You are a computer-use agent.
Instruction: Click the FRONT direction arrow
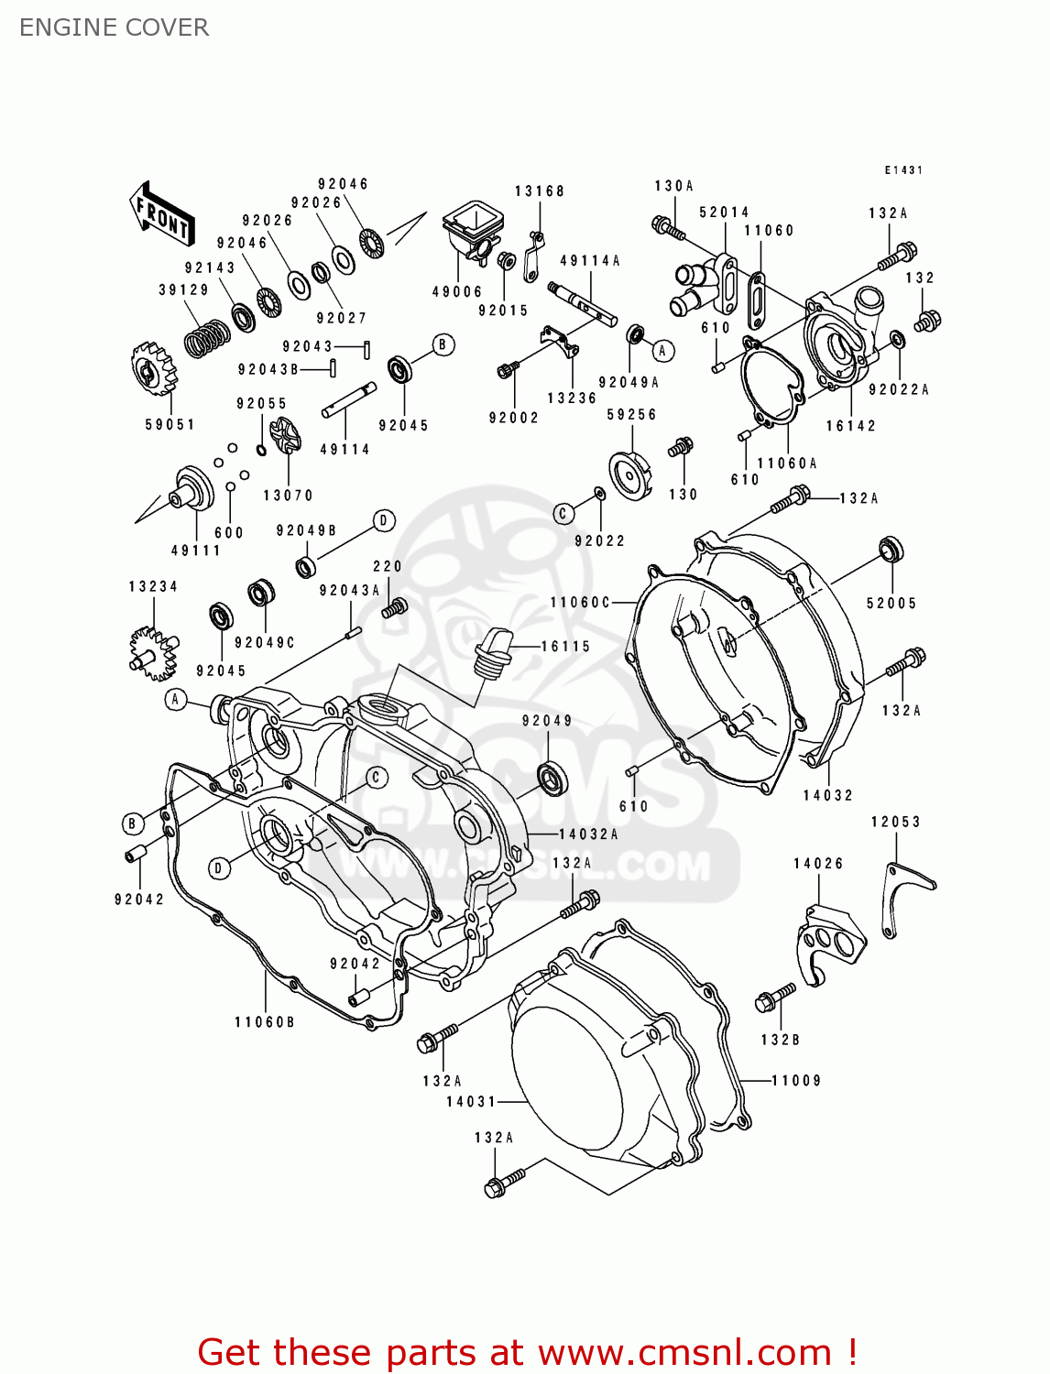(162, 213)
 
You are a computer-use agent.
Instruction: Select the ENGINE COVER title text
(114, 27)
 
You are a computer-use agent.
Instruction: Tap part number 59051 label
(170, 424)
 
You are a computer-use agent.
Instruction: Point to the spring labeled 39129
(207, 338)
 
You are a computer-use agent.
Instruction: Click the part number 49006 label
(457, 291)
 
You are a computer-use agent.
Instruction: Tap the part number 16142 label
(850, 426)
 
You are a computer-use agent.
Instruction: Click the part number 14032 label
(828, 795)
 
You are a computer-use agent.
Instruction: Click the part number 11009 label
(796, 1081)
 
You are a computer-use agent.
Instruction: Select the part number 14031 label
(471, 1101)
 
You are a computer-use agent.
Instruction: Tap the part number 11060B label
(265, 1021)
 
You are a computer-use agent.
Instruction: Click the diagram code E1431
(903, 170)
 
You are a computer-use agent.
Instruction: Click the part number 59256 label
(631, 415)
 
